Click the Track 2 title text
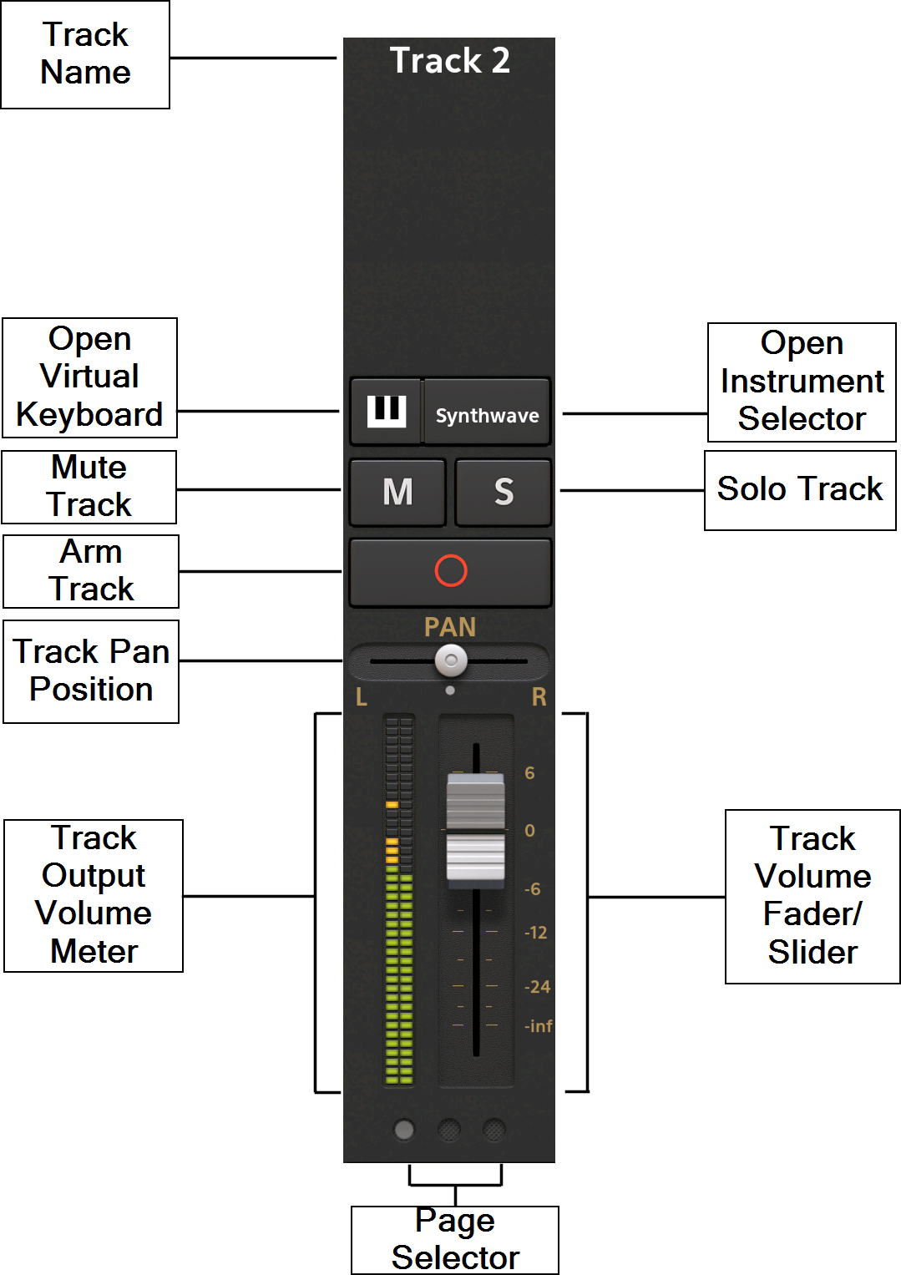[x=449, y=61]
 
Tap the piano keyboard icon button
[x=386, y=411]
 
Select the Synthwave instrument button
[x=487, y=415]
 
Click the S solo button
[x=503, y=492]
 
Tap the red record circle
[x=451, y=571]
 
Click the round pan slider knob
[x=451, y=661]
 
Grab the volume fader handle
[x=475, y=828]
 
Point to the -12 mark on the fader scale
[x=535, y=933]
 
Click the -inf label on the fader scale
[x=539, y=1026]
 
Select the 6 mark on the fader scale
[x=529, y=773]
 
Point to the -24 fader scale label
[x=537, y=987]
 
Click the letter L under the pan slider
[x=361, y=697]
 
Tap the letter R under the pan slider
[x=539, y=697]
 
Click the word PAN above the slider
[x=450, y=627]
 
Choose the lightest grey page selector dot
[x=404, y=1130]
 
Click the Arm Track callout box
[x=91, y=571]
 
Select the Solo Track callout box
[x=800, y=490]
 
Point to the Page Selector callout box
[x=455, y=1240]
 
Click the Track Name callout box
[x=85, y=54]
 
